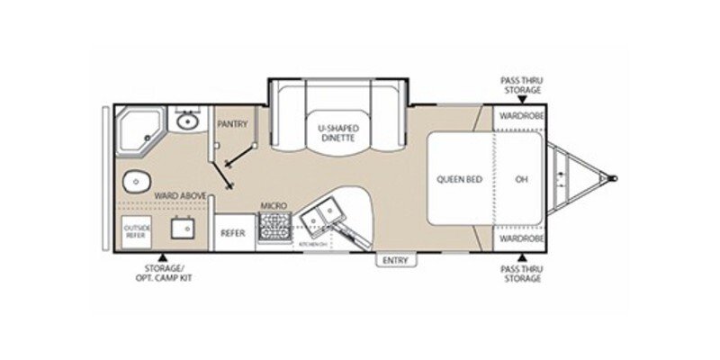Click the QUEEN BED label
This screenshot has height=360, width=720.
[x=460, y=179]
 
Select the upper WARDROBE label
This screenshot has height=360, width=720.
[x=520, y=115]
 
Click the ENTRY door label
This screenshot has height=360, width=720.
[x=394, y=261]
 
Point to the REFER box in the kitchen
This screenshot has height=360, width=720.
[x=233, y=231]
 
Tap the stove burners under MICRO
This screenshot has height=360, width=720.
[x=273, y=230]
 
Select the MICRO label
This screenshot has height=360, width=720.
[x=273, y=206]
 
